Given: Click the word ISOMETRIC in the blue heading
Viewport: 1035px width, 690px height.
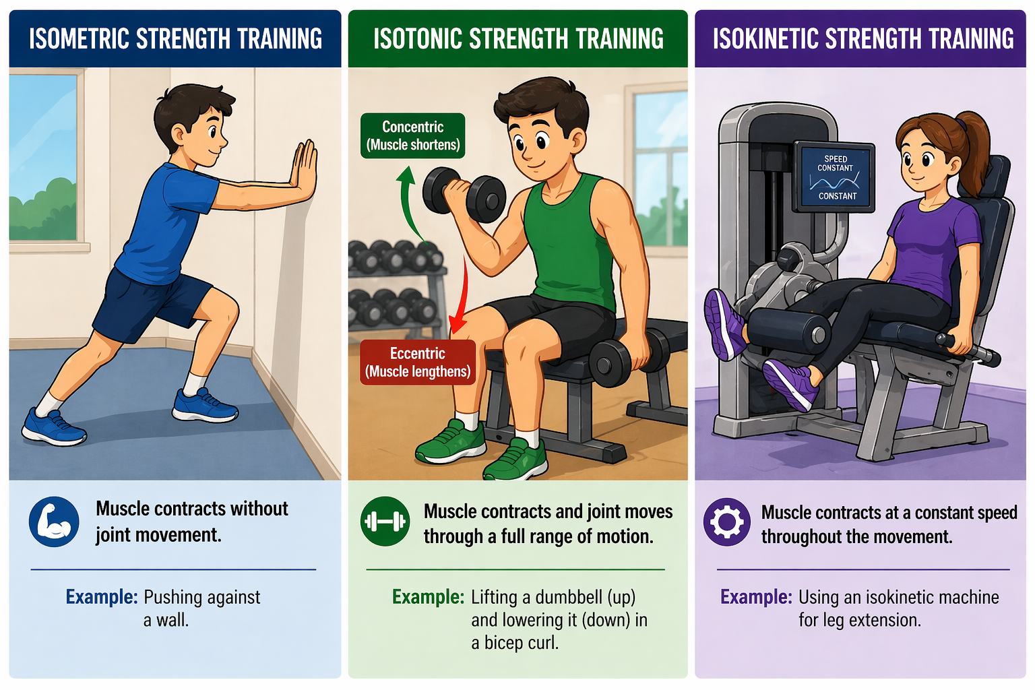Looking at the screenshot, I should [79, 39].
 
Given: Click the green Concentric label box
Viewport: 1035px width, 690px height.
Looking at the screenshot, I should [413, 135].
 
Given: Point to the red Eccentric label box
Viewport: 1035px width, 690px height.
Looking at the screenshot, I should [418, 363].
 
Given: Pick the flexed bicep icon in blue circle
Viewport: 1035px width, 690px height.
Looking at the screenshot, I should [54, 522].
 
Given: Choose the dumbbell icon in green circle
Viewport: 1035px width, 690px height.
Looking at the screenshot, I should [385, 522].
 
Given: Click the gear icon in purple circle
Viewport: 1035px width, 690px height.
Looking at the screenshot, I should [726, 522].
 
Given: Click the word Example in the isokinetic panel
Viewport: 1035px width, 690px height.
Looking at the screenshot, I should [756, 597].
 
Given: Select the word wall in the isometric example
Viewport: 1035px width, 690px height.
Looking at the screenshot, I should [172, 620].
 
